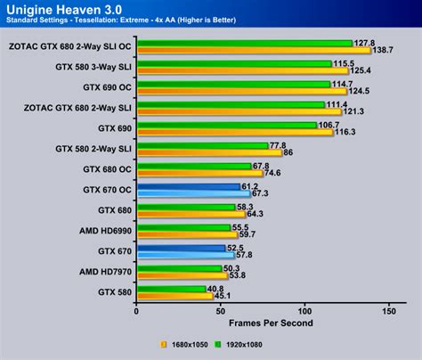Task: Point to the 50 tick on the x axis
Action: tap(220, 312)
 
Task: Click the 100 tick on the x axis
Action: tap(304, 312)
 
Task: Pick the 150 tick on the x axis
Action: tap(388, 312)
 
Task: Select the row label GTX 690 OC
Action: tap(107, 87)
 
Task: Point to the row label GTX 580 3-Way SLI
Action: tap(93, 67)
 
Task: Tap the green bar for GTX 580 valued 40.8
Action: tap(169, 288)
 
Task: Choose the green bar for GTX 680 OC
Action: tap(192, 165)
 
